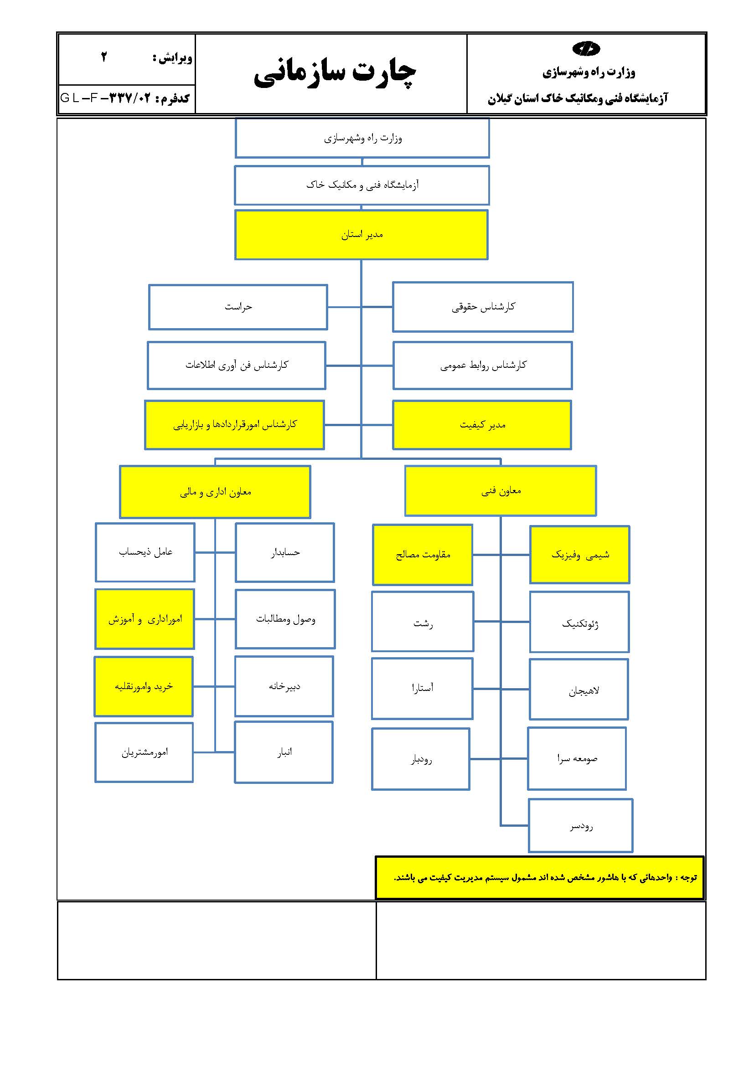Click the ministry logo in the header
click(x=586, y=48)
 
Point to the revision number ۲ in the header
click(x=104, y=57)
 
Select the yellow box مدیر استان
click(x=361, y=235)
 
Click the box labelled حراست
click(x=238, y=307)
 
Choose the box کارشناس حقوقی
click(x=483, y=307)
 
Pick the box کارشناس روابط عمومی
click(x=482, y=366)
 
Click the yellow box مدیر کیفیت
click(x=482, y=425)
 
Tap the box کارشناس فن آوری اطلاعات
click(x=236, y=366)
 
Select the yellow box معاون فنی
click(x=501, y=491)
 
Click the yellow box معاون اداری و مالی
click(x=215, y=492)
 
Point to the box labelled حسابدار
click(x=284, y=552)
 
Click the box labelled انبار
click(x=284, y=752)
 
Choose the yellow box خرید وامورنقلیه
click(x=144, y=686)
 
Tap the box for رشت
click(x=423, y=621)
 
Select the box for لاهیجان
click(x=578, y=690)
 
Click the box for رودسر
click(x=580, y=825)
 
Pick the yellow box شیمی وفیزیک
click(x=579, y=554)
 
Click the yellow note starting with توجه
click(x=539, y=877)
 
